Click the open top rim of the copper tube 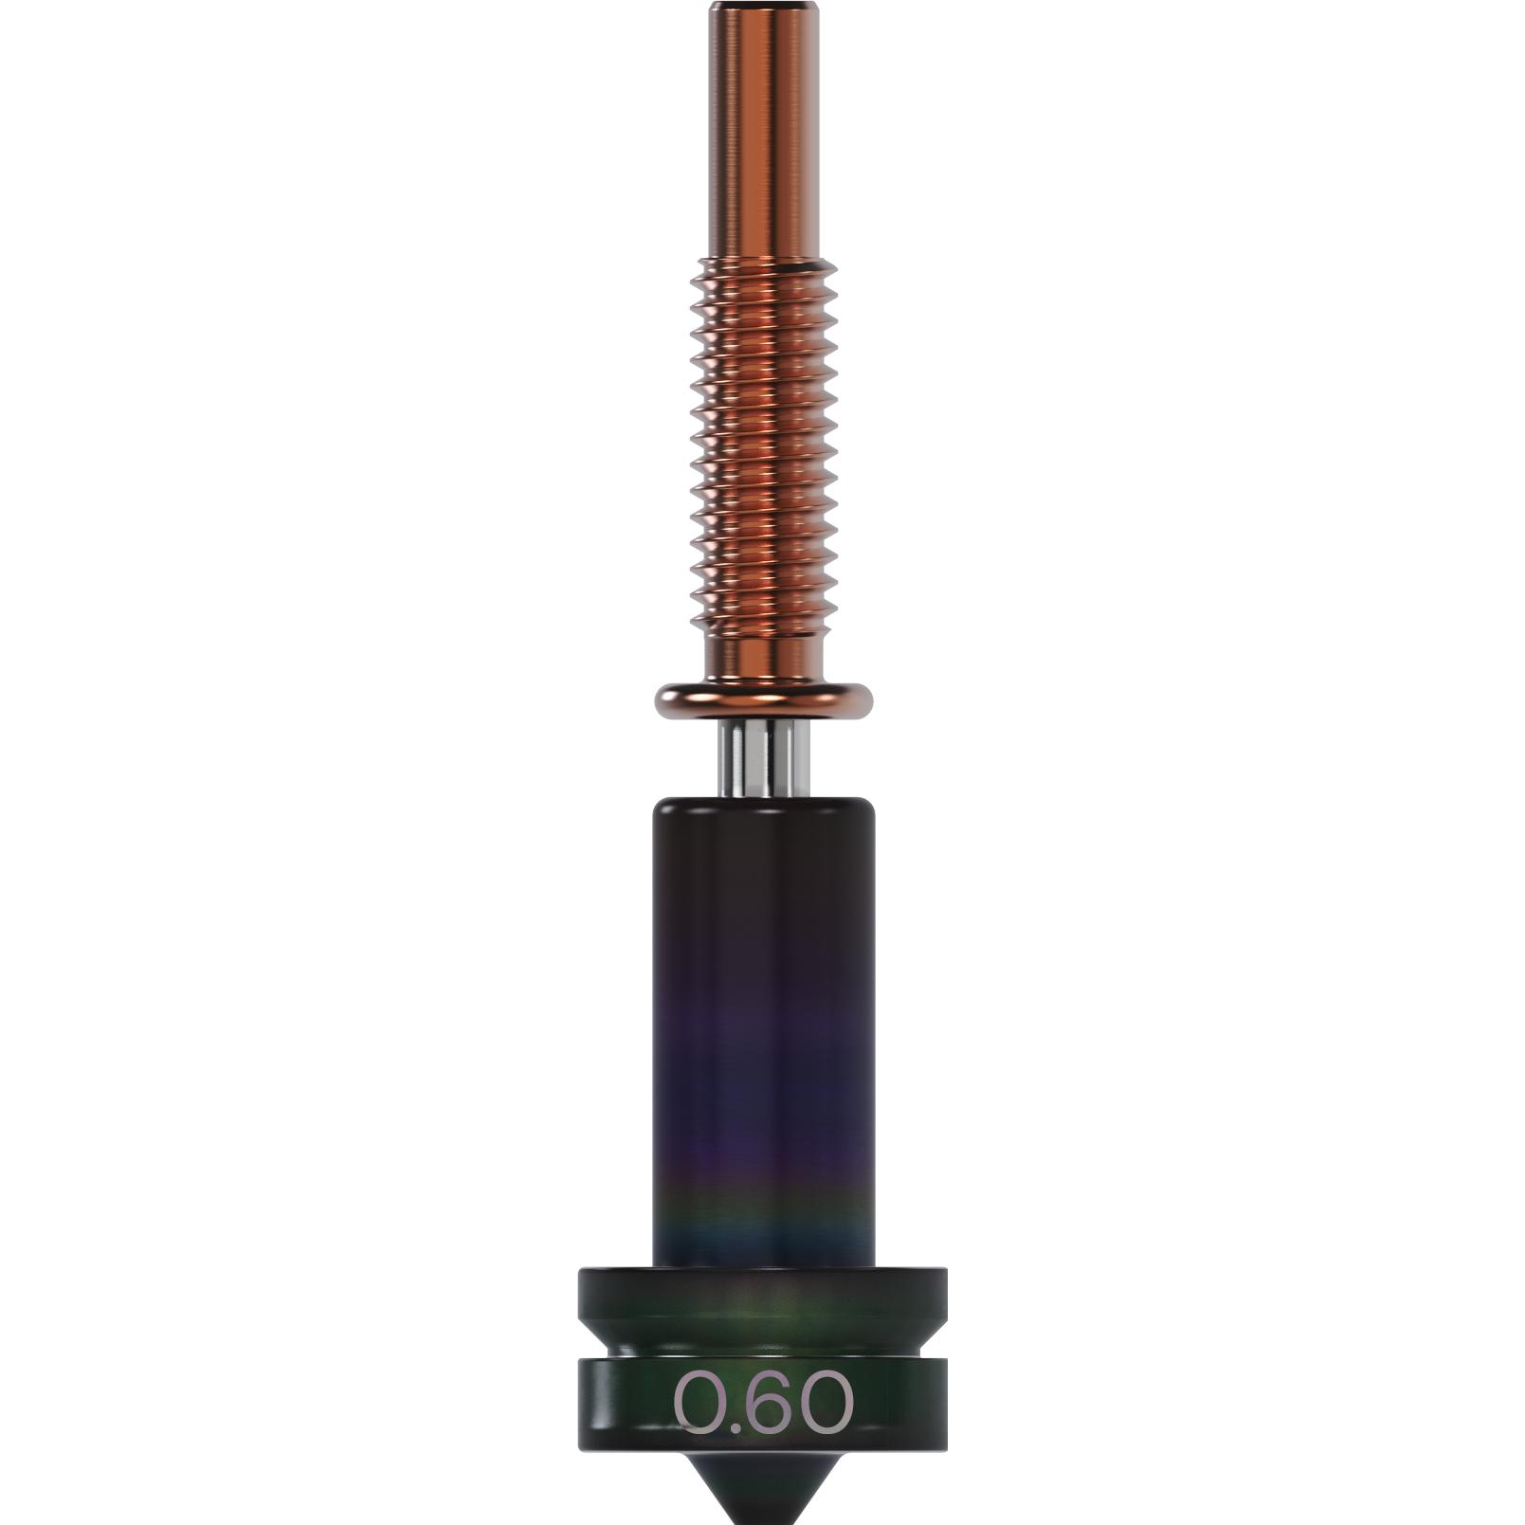pos(764,6)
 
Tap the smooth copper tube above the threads pos(764,133)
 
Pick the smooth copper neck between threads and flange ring pos(764,654)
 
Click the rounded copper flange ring pos(764,699)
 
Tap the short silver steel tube pos(764,758)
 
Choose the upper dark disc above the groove pos(764,1298)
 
